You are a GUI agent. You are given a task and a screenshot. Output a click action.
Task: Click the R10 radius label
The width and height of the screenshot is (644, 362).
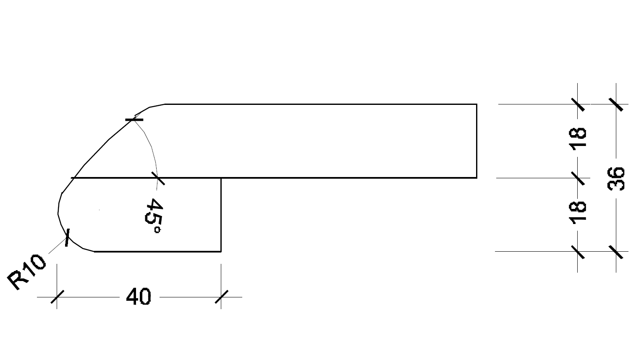[x=26, y=272]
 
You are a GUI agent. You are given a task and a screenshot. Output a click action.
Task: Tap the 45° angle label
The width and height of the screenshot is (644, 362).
[x=154, y=216]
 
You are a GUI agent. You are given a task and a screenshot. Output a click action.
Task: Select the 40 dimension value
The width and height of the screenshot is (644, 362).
[x=138, y=297]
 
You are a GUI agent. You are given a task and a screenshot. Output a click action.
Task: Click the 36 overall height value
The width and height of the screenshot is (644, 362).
[x=616, y=179]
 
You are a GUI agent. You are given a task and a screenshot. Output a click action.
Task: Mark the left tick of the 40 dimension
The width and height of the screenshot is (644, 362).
[x=57, y=297]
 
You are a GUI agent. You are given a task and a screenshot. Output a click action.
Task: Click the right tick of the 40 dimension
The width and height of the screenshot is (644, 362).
[x=221, y=297]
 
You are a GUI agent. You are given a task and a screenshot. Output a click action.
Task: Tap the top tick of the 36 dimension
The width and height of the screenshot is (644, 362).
[x=616, y=104]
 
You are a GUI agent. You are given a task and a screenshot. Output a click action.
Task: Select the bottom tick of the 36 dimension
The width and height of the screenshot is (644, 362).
[x=616, y=252]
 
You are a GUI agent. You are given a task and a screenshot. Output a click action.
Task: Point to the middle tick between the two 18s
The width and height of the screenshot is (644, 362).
[x=578, y=178]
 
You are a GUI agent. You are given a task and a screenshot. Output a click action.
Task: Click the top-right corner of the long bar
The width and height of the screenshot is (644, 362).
[x=476, y=104]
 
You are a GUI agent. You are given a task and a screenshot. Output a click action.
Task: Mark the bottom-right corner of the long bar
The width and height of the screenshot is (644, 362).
[x=476, y=178]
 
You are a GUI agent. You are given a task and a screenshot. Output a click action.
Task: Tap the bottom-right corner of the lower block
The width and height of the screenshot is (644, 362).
[x=221, y=252]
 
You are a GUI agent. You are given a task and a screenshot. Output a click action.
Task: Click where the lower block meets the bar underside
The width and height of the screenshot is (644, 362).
[x=221, y=178]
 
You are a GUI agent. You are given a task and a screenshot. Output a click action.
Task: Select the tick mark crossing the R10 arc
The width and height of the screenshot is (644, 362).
[x=67, y=237]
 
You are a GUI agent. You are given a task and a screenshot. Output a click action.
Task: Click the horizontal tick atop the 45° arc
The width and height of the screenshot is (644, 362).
[x=134, y=120]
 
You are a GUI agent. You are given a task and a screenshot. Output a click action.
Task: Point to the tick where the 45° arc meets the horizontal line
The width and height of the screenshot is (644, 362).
[x=157, y=178]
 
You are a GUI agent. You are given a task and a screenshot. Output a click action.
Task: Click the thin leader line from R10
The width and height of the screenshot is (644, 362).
[x=58, y=246]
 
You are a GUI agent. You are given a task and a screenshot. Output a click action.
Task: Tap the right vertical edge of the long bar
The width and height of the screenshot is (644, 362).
[x=476, y=141]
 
